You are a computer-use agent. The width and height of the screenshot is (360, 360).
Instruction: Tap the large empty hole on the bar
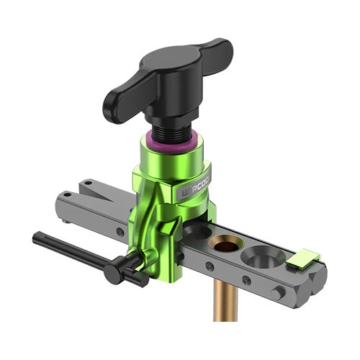pos(260,256)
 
